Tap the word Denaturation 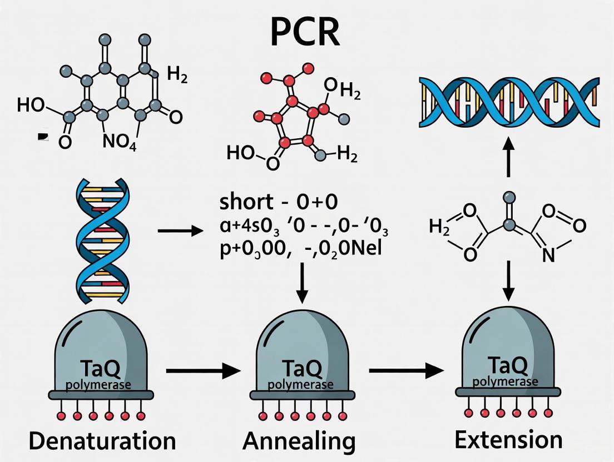click(102, 441)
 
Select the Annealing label click(299, 442)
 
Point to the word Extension click(508, 440)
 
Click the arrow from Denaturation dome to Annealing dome click(202, 370)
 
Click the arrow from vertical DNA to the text click(181, 229)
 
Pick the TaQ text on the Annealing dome click(301, 369)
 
